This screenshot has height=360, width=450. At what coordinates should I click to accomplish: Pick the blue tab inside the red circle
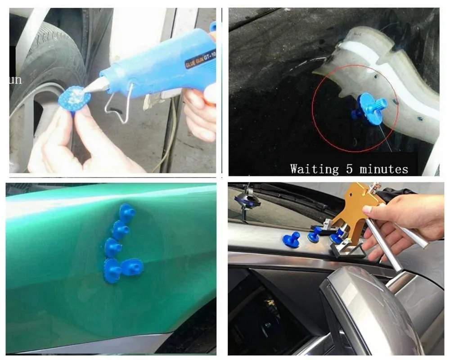coord(368,108)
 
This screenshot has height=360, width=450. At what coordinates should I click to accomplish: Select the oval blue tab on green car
coord(132,267)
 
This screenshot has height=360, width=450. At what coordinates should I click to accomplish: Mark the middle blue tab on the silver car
coord(315,234)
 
